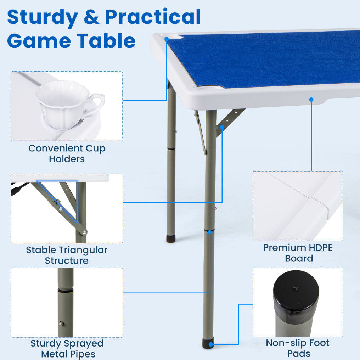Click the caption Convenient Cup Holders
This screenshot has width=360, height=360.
pos(67,153)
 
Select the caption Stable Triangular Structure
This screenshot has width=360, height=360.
pos(67,255)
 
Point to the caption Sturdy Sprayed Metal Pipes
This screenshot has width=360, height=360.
pos(67,349)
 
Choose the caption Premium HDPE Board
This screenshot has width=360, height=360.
pos(298,253)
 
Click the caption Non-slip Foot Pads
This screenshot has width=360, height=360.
pos(298,348)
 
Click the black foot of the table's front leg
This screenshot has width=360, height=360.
pos(208,343)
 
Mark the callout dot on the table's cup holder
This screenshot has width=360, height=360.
pos(167,39)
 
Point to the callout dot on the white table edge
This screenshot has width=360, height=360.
pos(311,100)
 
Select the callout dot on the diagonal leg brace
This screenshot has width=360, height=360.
pos(222,127)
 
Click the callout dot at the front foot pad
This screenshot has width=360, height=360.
pos(211,344)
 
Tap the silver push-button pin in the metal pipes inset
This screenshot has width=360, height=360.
pos(62,324)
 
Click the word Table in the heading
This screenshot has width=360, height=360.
pos(106,41)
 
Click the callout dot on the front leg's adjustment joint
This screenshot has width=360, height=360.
pos(210,232)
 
